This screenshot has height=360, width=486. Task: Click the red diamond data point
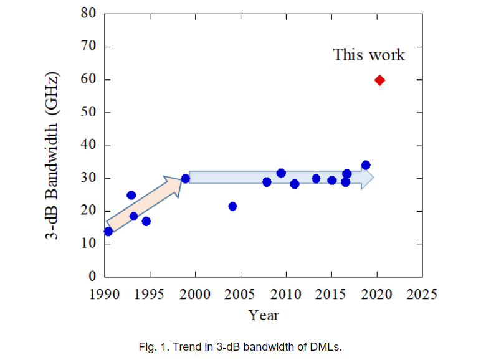pos(379,80)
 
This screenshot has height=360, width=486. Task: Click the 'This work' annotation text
pos(369,55)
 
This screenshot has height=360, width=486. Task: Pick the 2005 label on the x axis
pos(241,293)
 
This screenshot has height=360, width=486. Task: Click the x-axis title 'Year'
pos(264,315)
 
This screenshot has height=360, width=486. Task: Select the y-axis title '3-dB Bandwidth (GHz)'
pos(55,156)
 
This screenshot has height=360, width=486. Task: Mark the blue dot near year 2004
pos(232,206)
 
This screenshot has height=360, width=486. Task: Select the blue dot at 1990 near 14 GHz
pos(108,231)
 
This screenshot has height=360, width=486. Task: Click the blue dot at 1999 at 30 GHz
pos(185,178)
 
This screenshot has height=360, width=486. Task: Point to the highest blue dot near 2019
pos(366,165)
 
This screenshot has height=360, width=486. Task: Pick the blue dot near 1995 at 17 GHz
pos(146,221)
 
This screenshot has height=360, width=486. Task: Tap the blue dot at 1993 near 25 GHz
pos(131,195)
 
